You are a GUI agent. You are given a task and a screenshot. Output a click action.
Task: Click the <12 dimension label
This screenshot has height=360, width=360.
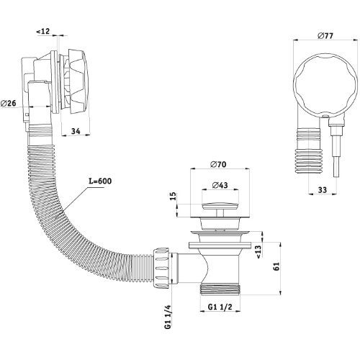point(43,31)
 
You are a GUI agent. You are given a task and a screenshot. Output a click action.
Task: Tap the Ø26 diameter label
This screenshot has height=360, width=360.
point(9,104)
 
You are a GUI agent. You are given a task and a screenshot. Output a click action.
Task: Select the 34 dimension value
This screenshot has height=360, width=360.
point(76,131)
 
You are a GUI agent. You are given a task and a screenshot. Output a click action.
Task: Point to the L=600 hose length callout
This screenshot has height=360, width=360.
point(100,181)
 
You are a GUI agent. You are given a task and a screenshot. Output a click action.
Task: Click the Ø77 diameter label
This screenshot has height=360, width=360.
point(325,36)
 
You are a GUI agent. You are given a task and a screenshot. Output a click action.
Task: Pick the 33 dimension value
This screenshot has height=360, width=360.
point(323,190)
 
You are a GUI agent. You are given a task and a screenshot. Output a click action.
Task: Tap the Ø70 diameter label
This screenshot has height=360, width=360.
point(218,164)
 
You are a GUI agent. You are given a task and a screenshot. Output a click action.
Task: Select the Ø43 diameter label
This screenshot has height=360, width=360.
point(220,185)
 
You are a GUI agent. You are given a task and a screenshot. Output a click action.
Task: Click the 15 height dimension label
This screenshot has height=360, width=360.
point(174,196)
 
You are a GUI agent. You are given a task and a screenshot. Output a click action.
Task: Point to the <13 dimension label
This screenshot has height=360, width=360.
point(259,252)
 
